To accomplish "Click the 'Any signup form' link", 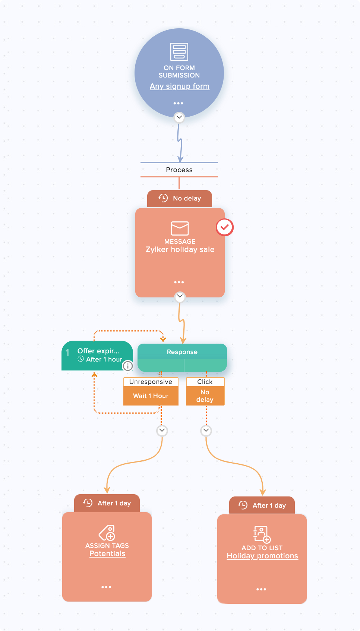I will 179,86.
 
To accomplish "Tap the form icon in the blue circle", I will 179,52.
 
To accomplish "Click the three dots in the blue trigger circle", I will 178,103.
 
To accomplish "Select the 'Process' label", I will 179,170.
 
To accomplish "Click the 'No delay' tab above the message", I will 180,198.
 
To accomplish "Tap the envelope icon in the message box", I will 180,228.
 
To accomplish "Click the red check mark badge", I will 225,227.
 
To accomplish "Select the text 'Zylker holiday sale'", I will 180,250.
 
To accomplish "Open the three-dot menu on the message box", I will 179,282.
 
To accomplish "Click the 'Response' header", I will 182,352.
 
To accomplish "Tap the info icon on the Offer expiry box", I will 127,366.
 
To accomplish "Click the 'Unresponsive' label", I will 151,382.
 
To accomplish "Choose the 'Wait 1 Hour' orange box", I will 151,396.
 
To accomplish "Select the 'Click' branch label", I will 205,382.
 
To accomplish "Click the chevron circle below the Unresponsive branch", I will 162,430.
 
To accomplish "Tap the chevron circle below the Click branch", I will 206,430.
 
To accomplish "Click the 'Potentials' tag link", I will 107,554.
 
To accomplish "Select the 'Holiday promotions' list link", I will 262,556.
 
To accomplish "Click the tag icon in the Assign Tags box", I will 107,533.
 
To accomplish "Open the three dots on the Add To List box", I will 261,589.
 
